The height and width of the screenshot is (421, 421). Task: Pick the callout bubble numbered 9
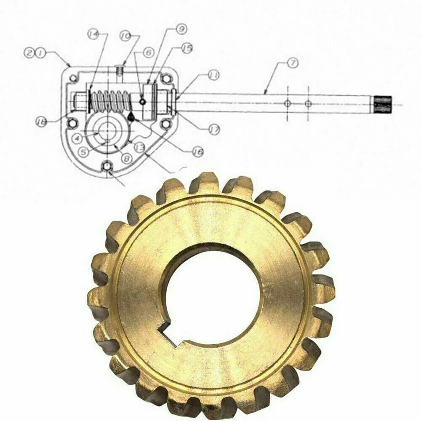pyautogui.click(x=181, y=29)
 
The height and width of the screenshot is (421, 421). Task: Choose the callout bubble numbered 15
pyautogui.click(x=187, y=48)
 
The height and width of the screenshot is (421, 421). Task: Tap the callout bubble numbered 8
pyautogui.click(x=125, y=159)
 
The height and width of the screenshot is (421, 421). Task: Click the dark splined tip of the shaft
pyautogui.click(x=383, y=102)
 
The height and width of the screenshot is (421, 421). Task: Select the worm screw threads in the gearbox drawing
pyautogui.click(x=110, y=101)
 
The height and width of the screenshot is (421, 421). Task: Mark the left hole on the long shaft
pyautogui.click(x=287, y=103)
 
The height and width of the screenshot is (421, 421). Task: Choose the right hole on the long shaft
pyautogui.click(x=309, y=103)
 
